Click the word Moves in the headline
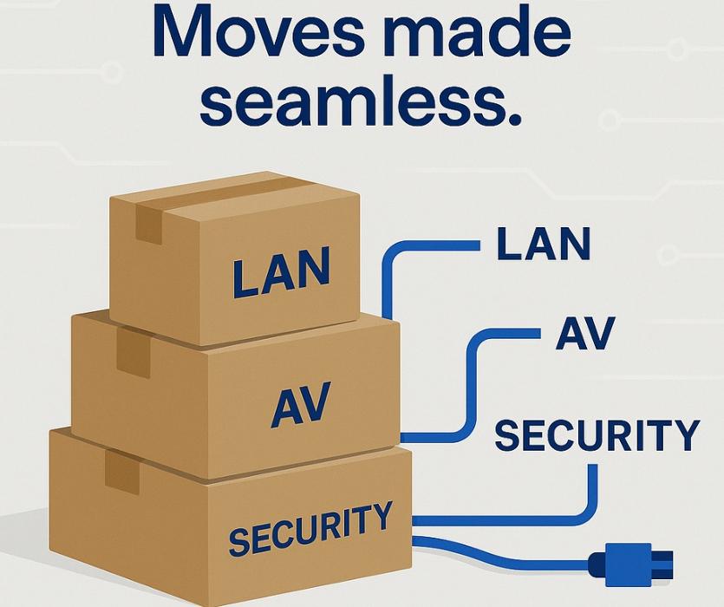click(x=260, y=33)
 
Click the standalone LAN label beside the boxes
click(x=544, y=243)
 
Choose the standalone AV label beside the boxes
click(x=585, y=333)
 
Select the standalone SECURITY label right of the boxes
click(x=597, y=435)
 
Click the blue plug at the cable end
click(x=630, y=564)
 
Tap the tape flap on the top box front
click(x=148, y=224)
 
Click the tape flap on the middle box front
click(x=134, y=352)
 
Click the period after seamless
click(x=514, y=118)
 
